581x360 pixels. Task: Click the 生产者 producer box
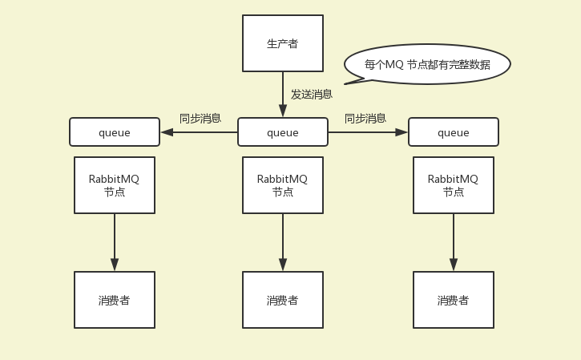click(283, 43)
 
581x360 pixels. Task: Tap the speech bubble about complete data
click(427, 64)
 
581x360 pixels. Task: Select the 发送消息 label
click(311, 94)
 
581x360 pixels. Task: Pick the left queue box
click(115, 132)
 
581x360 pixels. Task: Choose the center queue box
click(283, 132)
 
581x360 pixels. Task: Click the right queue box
click(454, 132)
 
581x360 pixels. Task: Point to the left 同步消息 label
click(200, 118)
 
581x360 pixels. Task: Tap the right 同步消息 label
click(365, 118)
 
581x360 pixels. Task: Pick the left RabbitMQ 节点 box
click(115, 185)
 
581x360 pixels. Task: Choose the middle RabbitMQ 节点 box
click(283, 185)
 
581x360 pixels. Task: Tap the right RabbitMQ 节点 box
click(454, 185)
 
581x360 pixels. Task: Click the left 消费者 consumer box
click(115, 300)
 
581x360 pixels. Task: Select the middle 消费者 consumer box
click(283, 300)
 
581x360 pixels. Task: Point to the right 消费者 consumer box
click(454, 300)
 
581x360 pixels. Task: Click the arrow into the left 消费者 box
click(115, 242)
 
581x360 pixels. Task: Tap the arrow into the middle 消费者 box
click(283, 242)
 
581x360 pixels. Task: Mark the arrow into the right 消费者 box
click(454, 242)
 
